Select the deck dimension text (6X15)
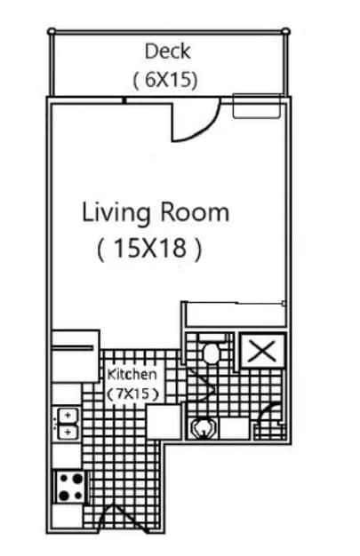[x=165, y=79]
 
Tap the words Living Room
[x=156, y=213]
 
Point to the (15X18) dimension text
[x=148, y=249]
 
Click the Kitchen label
[x=132, y=375]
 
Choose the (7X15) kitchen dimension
[x=132, y=393]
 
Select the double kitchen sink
[x=67, y=423]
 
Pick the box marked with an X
[x=261, y=350]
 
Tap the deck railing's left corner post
[x=52, y=31]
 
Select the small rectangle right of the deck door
[x=255, y=106]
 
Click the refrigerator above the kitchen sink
[x=75, y=355]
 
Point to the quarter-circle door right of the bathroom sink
[x=269, y=418]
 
